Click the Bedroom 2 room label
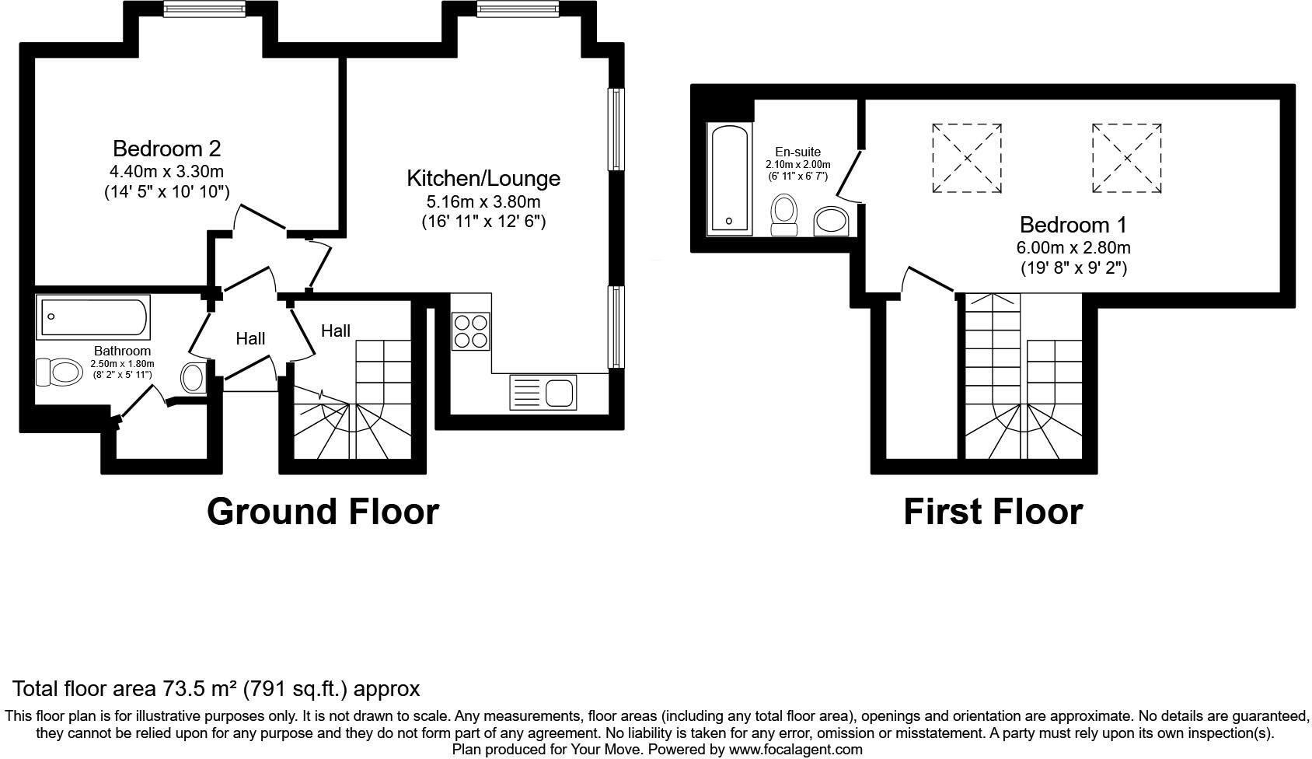[166, 149]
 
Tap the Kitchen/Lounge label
[483, 178]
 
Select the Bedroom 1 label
[1073, 226]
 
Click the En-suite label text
[797, 152]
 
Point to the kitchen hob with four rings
[470, 331]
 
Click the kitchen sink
[543, 391]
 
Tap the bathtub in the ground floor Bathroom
[94, 317]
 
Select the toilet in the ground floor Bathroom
[59, 372]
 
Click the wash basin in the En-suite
[832, 221]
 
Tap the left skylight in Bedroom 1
[967, 158]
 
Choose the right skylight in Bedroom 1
[1126, 158]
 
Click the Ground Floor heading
[323, 512]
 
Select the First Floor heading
[993, 512]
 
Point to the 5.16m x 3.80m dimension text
[483, 202]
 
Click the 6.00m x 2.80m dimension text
[1073, 248]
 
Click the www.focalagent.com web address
[796, 750]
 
